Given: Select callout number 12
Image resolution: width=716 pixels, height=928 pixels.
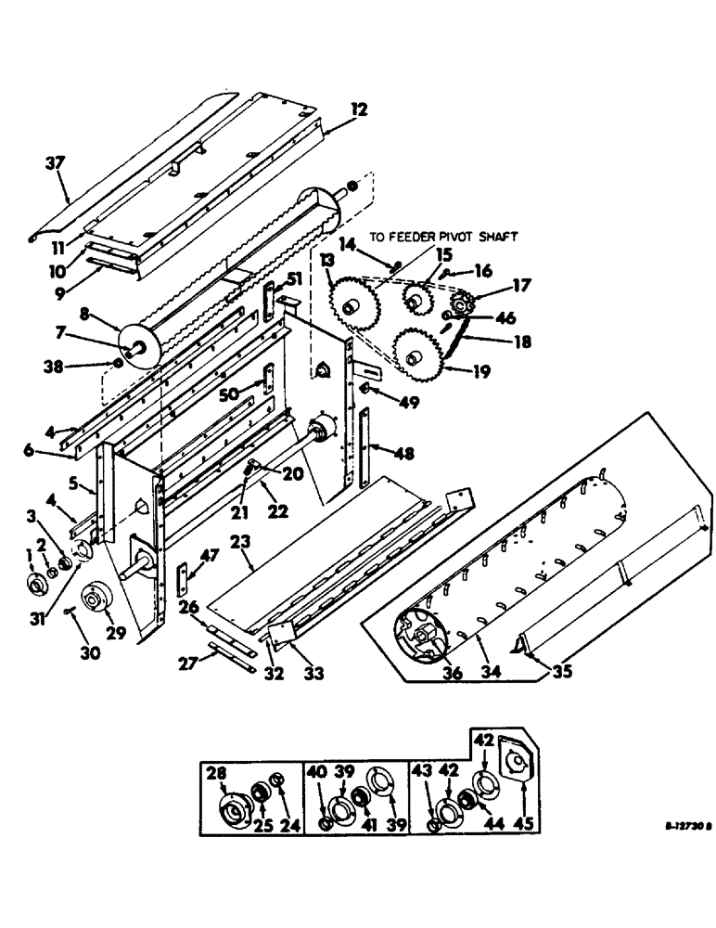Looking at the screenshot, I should coord(360,110).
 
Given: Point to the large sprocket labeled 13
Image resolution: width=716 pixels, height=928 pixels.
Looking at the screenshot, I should coord(351,304).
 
